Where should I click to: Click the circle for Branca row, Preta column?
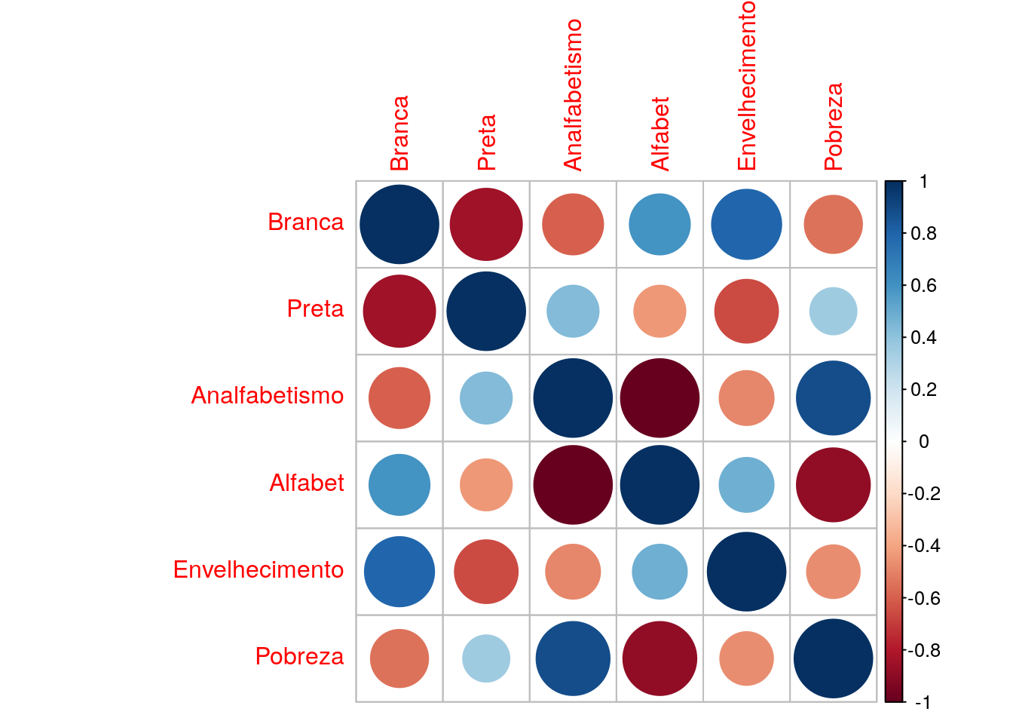pos(486,224)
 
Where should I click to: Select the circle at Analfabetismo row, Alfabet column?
pos(660,397)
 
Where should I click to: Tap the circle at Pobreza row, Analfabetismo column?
pos(573,658)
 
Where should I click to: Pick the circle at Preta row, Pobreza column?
pos(833,311)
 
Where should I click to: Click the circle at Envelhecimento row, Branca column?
pos(399,572)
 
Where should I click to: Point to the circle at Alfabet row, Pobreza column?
pos(833,485)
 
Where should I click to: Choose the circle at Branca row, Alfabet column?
pos(660,224)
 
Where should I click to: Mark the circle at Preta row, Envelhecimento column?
pos(746,311)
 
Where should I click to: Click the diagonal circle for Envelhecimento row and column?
pos(746,572)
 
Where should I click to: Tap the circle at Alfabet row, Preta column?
pos(486,485)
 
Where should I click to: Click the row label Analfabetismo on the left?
pos(268,395)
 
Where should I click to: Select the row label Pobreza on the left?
pos(299,656)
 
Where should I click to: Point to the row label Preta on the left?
pos(315,308)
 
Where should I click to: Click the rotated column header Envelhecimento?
pos(745,86)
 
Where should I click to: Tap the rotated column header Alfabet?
pos(660,133)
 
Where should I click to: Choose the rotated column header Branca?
pos(399,133)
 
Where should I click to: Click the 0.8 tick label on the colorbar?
pos(923,233)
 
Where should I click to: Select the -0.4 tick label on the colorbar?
pos(924,545)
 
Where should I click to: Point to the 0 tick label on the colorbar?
pos(924,441)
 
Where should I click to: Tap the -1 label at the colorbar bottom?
pos(922,702)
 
